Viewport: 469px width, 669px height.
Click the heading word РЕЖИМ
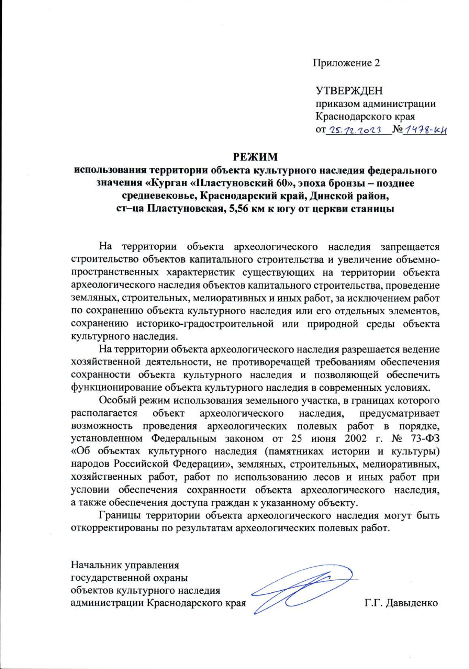click(x=255, y=157)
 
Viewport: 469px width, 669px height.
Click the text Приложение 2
click(x=346, y=63)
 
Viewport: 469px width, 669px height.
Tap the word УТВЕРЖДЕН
click(x=349, y=90)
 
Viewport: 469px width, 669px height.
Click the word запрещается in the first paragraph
click(x=410, y=247)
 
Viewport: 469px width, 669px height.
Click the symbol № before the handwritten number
click(x=397, y=129)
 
